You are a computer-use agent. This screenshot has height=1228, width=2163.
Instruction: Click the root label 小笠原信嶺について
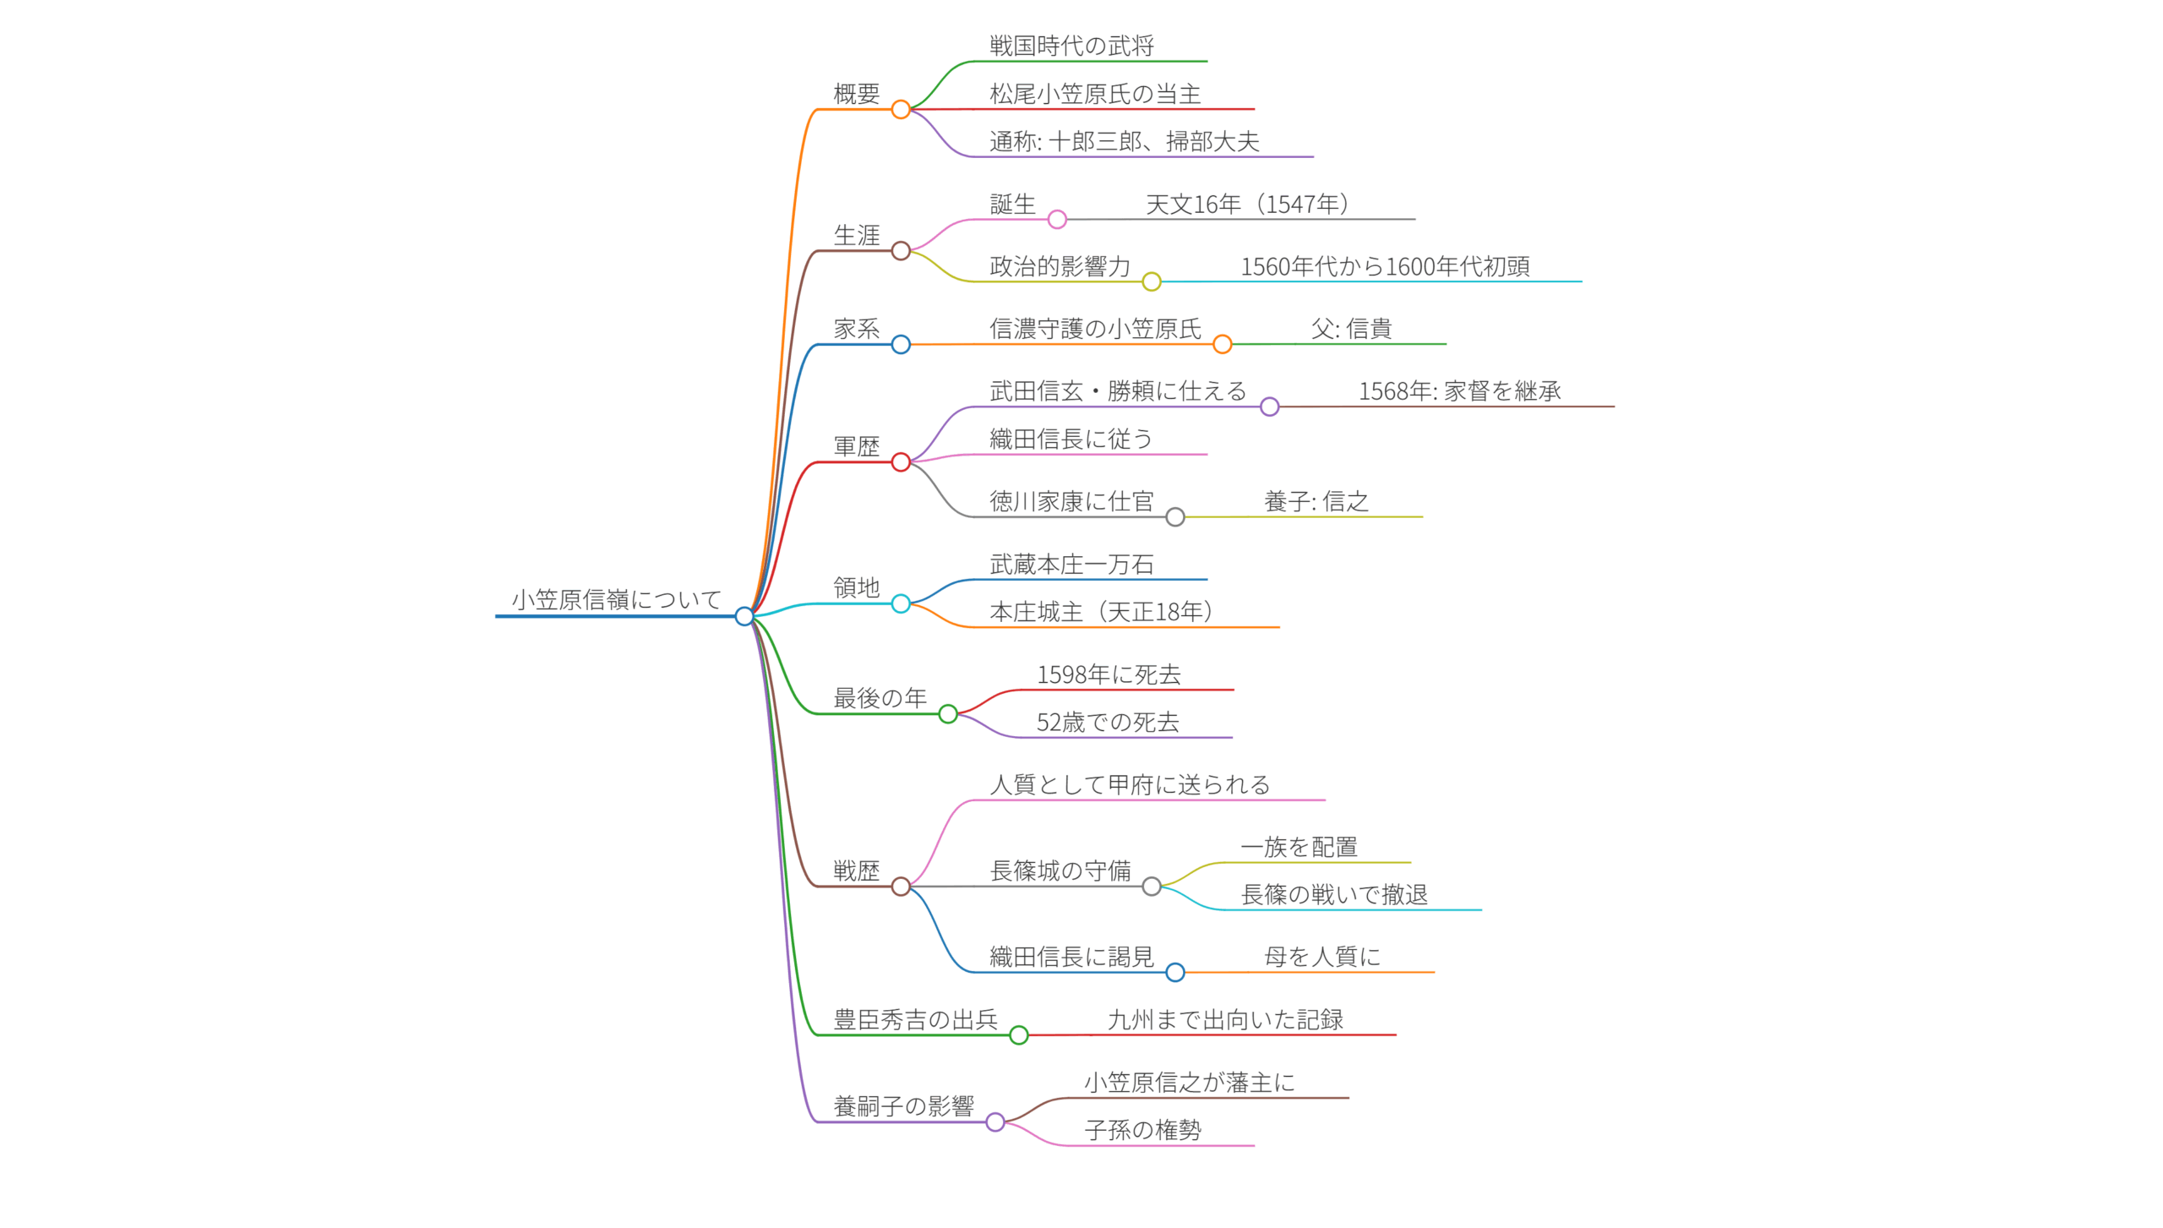pyautogui.click(x=616, y=599)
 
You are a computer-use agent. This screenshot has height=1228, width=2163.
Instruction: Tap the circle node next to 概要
pyautogui.click(x=901, y=109)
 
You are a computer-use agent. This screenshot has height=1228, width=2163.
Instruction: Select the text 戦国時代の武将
pyautogui.click(x=1071, y=46)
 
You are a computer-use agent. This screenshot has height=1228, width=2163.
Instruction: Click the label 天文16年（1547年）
pyautogui.click(x=1247, y=204)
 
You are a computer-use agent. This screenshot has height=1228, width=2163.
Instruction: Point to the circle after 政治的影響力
pyautogui.click(x=1151, y=281)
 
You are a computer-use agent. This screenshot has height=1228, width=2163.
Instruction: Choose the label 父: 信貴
pyautogui.click(x=1351, y=328)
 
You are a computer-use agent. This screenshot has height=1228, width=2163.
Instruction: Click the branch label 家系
pyautogui.click(x=856, y=328)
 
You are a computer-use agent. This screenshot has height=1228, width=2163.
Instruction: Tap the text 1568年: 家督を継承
pyautogui.click(x=1459, y=390)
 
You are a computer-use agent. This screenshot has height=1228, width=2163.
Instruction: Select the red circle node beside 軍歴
pyautogui.click(x=901, y=462)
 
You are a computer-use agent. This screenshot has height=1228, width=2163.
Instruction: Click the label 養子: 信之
pyautogui.click(x=1316, y=501)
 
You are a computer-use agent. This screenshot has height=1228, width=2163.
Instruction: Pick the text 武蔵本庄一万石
pyautogui.click(x=1071, y=564)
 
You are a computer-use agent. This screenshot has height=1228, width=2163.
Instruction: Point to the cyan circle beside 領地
pyautogui.click(x=901, y=603)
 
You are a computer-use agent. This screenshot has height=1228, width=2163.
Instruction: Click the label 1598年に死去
pyautogui.click(x=1109, y=674)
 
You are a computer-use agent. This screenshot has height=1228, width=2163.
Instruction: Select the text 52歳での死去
pyautogui.click(x=1108, y=722)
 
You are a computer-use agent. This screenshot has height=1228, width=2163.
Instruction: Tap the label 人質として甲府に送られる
pyautogui.click(x=1130, y=784)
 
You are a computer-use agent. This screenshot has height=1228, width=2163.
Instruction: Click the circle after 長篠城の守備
pyautogui.click(x=1151, y=886)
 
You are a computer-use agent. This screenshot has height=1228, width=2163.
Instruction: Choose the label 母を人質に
pyautogui.click(x=1322, y=956)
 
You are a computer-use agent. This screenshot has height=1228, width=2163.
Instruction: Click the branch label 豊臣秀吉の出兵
pyautogui.click(x=916, y=1019)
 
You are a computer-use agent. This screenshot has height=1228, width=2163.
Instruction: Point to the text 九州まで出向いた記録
pyautogui.click(x=1225, y=1019)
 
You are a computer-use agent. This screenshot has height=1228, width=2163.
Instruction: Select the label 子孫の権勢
pyautogui.click(x=1142, y=1129)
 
